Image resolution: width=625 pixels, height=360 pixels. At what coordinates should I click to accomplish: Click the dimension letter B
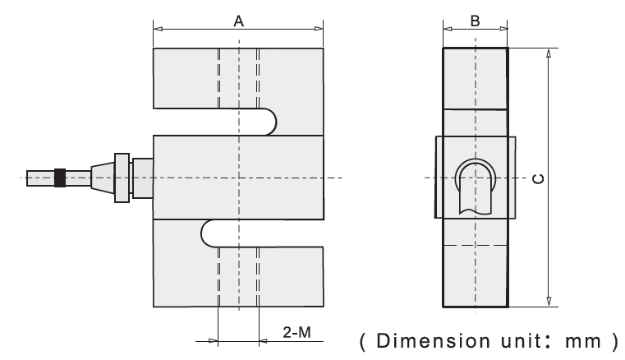pos(475,21)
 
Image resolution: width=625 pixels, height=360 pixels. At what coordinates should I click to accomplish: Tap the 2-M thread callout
pos(296,333)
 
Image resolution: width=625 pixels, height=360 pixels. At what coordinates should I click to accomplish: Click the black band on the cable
pos(60,178)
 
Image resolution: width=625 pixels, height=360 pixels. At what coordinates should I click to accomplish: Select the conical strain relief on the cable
pos(101,178)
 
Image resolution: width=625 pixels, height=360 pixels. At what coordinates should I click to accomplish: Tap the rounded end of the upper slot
pos(268,122)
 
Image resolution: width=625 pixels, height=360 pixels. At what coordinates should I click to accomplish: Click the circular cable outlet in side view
pos(474,175)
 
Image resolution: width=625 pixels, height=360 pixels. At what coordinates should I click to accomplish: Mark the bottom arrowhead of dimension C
pos(548,302)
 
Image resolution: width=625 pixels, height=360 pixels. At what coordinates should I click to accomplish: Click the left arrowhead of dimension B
pos(447,30)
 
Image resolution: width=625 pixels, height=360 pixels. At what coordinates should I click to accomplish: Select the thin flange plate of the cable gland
pos(122,178)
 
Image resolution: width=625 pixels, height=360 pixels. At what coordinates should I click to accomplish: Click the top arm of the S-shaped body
pos(238,78)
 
